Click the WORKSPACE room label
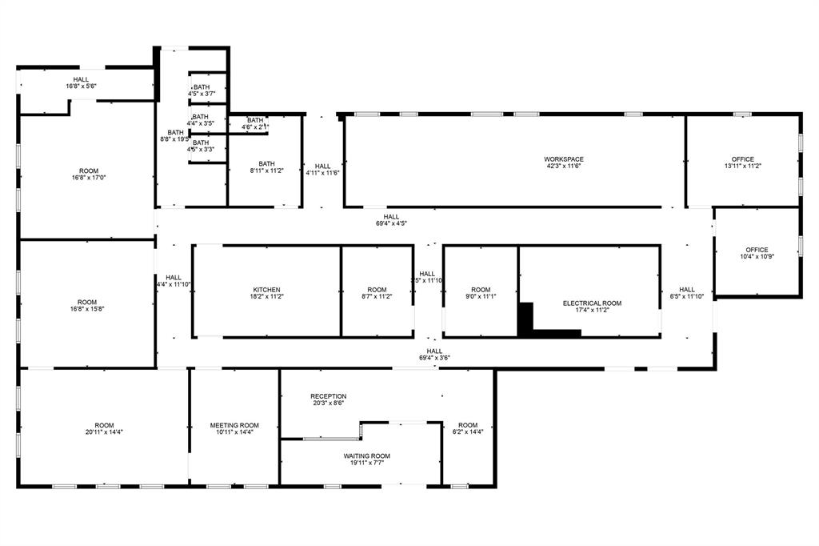pos(564,159)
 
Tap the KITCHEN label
pos(266,290)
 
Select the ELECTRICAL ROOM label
pos(592,303)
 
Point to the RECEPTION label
pos(329,396)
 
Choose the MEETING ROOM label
pos(234,425)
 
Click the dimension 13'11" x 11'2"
pos(744,167)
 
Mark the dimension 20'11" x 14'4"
pos(104,432)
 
